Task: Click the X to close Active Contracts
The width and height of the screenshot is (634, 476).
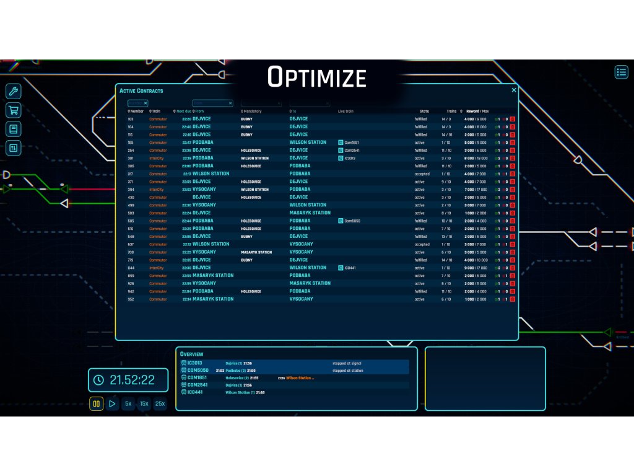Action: (514, 90)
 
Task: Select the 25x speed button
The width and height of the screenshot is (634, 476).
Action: (160, 403)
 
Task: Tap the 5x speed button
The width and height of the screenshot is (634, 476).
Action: (128, 403)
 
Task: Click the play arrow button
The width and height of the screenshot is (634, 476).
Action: (112, 403)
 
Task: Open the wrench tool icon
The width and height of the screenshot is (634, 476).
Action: (14, 92)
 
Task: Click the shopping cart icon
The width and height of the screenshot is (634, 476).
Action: (14, 110)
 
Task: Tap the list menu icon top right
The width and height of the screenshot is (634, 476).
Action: (621, 72)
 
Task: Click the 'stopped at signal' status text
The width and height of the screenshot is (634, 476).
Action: (347, 363)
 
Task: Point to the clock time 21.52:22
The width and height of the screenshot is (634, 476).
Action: (132, 380)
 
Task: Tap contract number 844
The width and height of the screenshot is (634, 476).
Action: (131, 268)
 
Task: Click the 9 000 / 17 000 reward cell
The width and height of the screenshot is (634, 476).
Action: (475, 268)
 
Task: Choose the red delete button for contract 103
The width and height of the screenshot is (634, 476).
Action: (513, 119)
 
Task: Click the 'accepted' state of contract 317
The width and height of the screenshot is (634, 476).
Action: (422, 174)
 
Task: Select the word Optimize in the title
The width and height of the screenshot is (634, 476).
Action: (317, 77)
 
